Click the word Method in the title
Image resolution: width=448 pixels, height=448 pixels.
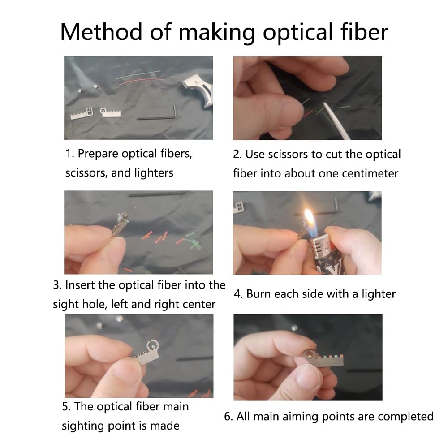click(101, 32)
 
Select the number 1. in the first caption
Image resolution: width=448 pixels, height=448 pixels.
click(70, 154)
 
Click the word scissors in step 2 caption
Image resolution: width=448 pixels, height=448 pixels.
click(288, 154)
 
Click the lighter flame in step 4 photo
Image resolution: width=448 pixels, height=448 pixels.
click(309, 220)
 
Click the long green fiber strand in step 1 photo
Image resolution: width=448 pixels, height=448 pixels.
click(138, 74)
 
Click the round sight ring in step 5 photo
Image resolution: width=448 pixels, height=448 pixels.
click(153, 346)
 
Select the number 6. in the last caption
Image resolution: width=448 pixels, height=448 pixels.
click(228, 417)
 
